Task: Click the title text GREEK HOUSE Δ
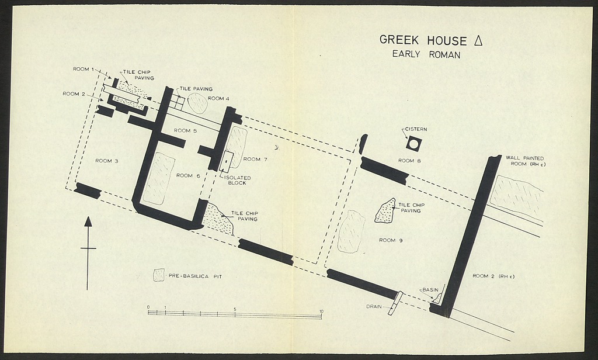click(x=431, y=40)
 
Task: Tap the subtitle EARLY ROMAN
click(x=426, y=55)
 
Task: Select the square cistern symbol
click(x=413, y=143)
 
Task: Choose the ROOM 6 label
click(x=188, y=175)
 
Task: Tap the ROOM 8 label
click(x=409, y=160)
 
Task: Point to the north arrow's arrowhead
click(x=88, y=221)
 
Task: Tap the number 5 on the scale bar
click(x=235, y=309)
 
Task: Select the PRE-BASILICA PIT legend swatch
click(x=159, y=275)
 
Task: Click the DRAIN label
click(x=375, y=306)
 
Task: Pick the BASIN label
click(x=430, y=290)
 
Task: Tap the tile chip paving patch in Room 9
click(x=385, y=211)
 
